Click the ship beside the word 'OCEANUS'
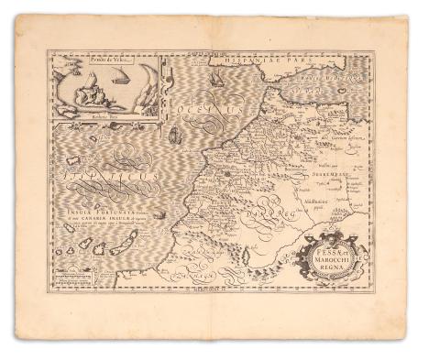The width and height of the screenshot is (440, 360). click(x=175, y=136)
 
